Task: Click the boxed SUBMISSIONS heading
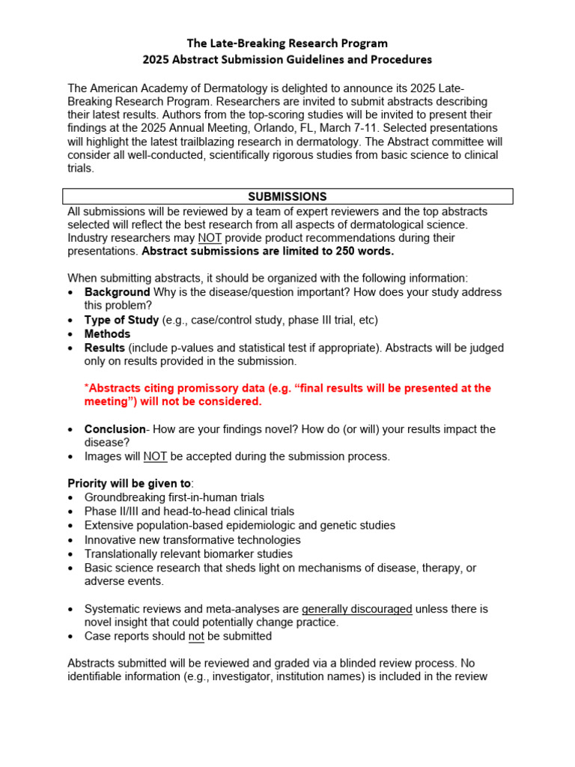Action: [287, 196]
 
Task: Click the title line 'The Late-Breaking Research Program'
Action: [287, 43]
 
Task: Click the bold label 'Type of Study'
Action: [121, 320]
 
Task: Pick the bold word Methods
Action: [107, 334]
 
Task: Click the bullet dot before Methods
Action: [70, 335]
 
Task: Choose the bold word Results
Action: [105, 348]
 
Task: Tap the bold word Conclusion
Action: [115, 429]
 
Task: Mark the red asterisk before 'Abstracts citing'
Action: [86, 387]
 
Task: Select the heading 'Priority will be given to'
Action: [129, 484]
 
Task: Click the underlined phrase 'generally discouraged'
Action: [356, 609]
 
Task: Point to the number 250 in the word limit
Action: [328, 251]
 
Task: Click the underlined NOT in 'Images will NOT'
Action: [155, 456]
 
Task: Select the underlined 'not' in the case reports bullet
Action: [196, 636]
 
